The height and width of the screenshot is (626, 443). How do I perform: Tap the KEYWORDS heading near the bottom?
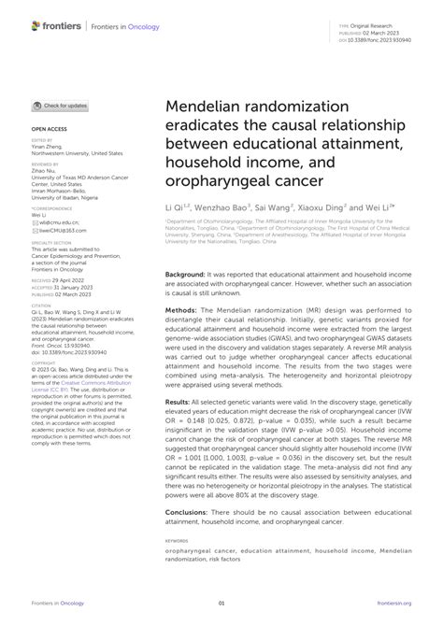[178, 540]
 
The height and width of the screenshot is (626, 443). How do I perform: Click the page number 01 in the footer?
[221, 605]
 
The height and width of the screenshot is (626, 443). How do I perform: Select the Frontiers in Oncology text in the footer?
[55, 605]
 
